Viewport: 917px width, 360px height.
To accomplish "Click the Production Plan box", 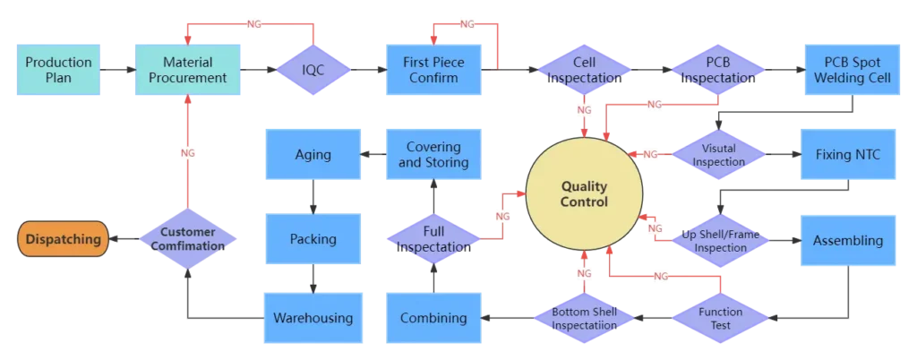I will [59, 70].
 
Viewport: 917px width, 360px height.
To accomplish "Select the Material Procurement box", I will [187, 70].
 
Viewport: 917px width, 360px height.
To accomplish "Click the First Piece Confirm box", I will [433, 70].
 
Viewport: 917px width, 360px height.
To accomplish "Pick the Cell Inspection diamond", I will [584, 70].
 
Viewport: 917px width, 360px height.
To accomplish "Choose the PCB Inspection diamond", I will [718, 70].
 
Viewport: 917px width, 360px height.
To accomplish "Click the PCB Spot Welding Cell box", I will [847, 70].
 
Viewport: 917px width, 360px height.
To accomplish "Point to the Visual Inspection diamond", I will [718, 155].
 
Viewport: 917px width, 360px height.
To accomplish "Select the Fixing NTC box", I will [847, 155].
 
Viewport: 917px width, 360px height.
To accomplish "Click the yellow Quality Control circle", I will [584, 194].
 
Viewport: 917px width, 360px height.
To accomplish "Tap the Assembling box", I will [847, 240].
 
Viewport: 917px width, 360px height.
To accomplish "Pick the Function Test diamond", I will [721, 318].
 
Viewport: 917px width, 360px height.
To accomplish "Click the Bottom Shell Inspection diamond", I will [584, 318].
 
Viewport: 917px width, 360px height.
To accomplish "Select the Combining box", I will [433, 318].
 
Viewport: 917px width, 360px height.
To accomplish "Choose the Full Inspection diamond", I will [433, 239].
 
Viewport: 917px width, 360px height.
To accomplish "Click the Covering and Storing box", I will [433, 155].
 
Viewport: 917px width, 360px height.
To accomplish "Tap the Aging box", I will [313, 155].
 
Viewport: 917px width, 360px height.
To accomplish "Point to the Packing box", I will [313, 239].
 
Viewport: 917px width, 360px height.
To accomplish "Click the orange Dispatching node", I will [63, 240].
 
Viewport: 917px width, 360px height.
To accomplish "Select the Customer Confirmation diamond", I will [188, 240].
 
